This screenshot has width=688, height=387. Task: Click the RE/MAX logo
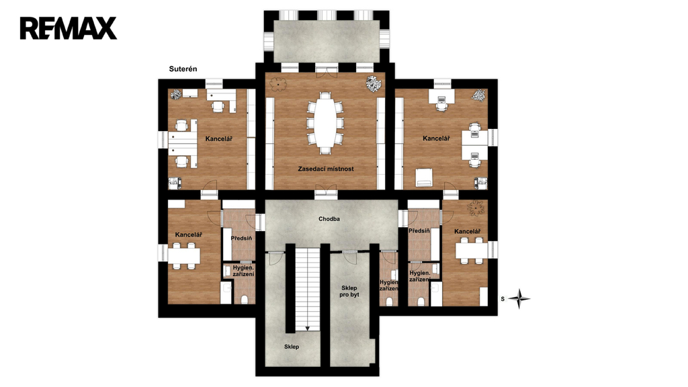tap(69, 28)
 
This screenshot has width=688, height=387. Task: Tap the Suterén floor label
tap(183, 69)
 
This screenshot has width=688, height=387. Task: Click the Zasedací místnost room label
tap(326, 169)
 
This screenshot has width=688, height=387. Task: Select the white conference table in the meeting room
tap(325, 123)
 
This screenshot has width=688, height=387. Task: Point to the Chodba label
tap(329, 219)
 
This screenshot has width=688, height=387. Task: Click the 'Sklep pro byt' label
tap(349, 292)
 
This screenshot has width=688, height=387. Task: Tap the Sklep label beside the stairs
tap(292, 347)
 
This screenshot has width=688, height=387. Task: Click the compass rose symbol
tap(519, 299)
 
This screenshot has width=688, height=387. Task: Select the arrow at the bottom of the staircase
tap(307, 328)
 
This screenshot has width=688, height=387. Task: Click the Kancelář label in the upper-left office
tap(218, 139)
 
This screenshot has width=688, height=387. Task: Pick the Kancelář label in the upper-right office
tap(436, 138)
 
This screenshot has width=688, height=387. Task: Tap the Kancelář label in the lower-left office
tap(189, 234)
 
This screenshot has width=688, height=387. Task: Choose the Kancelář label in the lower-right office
tap(468, 232)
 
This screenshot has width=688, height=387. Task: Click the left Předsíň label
tap(241, 239)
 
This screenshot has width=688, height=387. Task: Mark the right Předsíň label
tap(419, 231)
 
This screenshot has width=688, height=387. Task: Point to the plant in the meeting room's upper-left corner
tap(277, 84)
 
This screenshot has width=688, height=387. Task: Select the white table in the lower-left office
tap(184, 256)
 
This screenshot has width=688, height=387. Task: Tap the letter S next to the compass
tap(503, 299)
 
